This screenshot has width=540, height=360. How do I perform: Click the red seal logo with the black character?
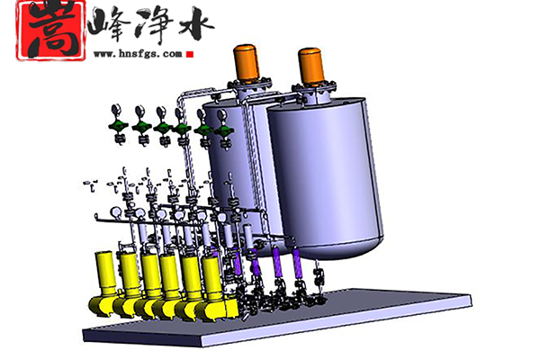pyautogui.click(x=50, y=31)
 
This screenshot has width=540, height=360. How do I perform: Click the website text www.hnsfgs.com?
pyautogui.click(x=138, y=54)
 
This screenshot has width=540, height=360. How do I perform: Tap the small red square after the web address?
pyautogui.click(x=190, y=54)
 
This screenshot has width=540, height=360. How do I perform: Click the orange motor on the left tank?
pyautogui.click(x=246, y=62)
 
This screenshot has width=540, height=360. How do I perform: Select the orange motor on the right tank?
pyautogui.click(x=311, y=66)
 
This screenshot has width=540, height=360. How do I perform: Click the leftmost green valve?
pyautogui.click(x=119, y=126)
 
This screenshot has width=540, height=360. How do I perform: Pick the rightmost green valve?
pyautogui.click(x=224, y=131)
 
